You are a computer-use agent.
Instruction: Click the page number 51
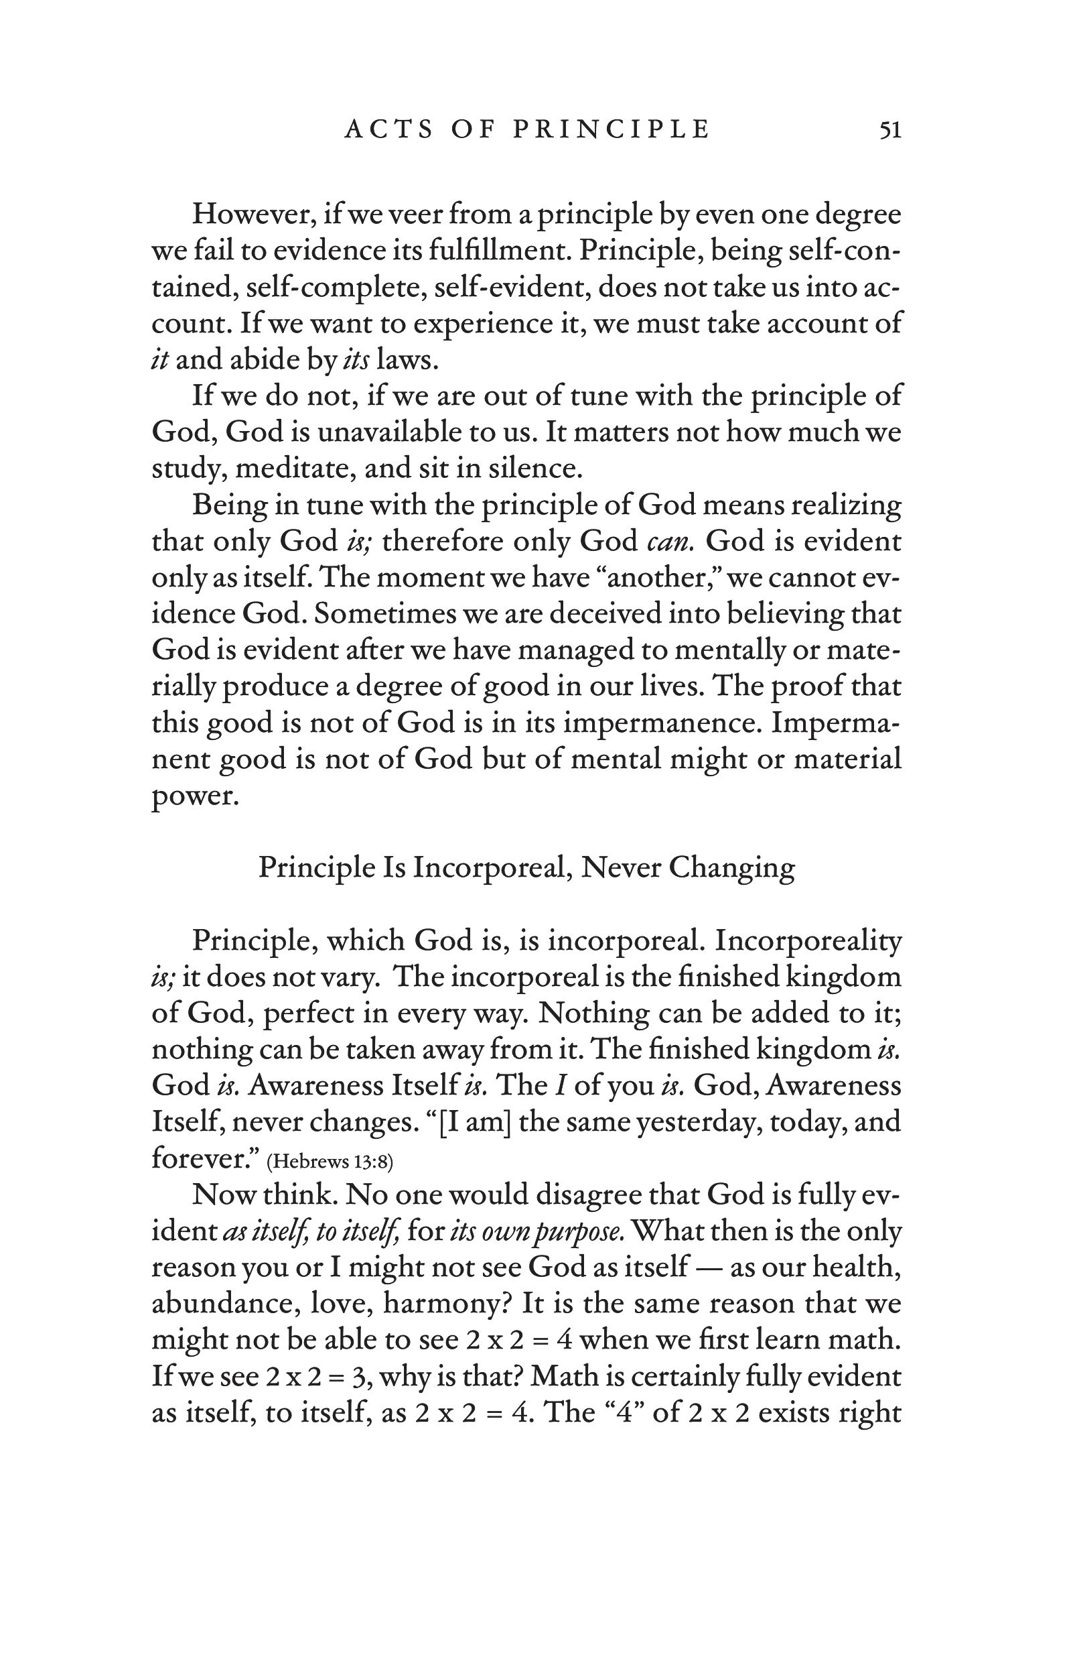point(889,130)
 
